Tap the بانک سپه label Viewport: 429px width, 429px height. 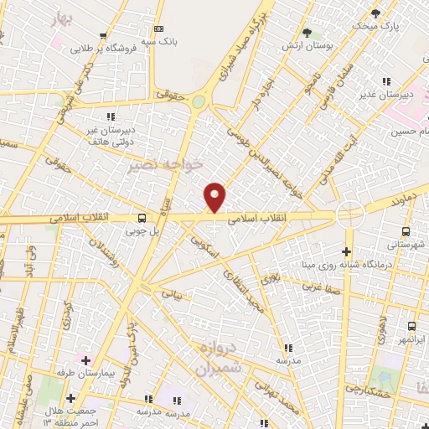pyautogui.click(x=158, y=40)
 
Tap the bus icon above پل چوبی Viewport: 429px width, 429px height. pyautogui.click(x=142, y=214)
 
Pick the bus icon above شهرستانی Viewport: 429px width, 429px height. pyautogui.click(x=406, y=231)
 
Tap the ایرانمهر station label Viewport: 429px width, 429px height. pyautogui.click(x=411, y=339)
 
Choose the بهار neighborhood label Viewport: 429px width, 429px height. pyautogui.click(x=58, y=18)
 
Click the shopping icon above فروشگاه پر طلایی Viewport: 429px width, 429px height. pyautogui.click(x=102, y=36)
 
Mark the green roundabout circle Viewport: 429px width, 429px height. pyautogui.click(x=199, y=101)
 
